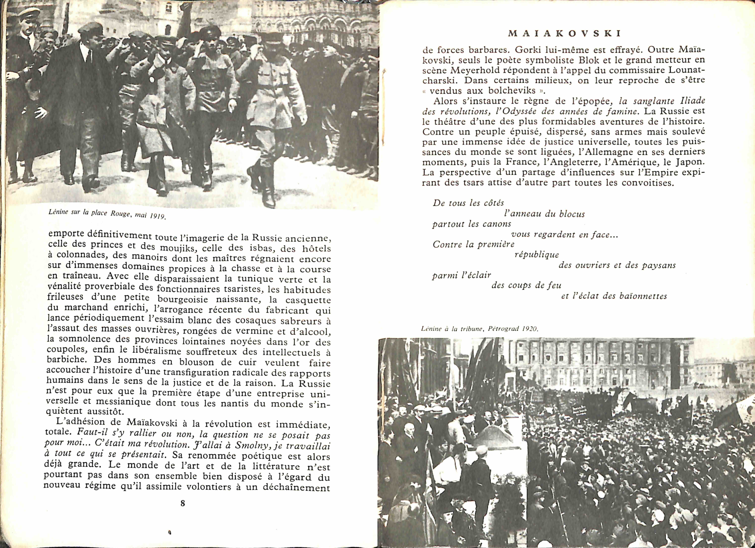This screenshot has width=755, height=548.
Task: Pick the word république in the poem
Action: pyautogui.click(x=537, y=255)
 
